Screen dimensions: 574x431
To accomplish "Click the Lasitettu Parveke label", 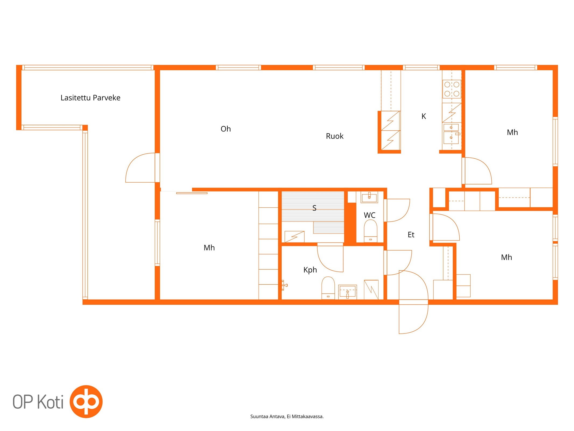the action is tap(90, 98).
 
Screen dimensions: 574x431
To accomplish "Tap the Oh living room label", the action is tap(226, 129).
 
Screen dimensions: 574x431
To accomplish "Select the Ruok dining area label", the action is tap(334, 136).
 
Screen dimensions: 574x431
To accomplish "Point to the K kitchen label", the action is tap(424, 116).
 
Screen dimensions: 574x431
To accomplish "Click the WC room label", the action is tap(369, 215).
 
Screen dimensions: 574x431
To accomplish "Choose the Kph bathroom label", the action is tap(310, 270).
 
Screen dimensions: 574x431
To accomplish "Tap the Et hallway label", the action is tap(411, 235).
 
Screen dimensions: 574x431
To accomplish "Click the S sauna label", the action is tap(314, 208).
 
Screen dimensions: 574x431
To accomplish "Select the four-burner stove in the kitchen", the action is tap(452, 89).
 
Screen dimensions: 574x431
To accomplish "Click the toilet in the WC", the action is tap(370, 231).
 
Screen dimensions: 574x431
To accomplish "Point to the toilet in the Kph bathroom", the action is tap(328, 288).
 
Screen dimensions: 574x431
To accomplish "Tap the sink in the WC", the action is tap(369, 197).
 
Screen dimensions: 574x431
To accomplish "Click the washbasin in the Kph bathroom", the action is tap(347, 292).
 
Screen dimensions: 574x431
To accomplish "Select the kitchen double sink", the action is tap(451, 134).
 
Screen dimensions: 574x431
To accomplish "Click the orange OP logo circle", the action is tap(86, 402).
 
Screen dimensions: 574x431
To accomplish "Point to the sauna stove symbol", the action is tap(294, 237).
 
